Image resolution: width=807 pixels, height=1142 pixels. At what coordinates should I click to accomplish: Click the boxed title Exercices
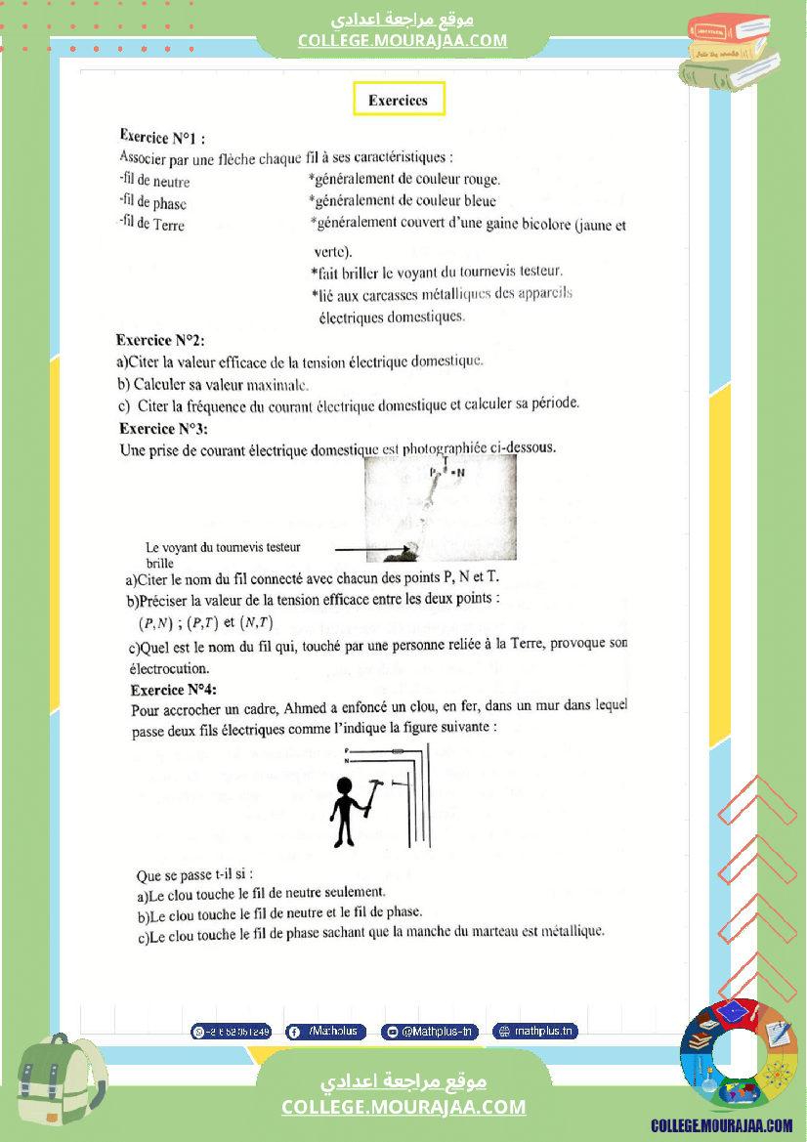398,100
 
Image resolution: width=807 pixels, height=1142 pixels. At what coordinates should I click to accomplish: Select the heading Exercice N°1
162,137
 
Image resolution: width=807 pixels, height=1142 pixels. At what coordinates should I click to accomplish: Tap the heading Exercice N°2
160,341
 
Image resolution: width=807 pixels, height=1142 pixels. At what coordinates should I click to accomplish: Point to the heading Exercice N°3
163,428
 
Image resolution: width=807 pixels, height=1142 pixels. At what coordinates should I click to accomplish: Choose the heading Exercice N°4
174,690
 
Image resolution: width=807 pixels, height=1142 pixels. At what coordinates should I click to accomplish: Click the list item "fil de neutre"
154,182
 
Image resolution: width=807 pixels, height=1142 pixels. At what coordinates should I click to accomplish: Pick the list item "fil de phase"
152,203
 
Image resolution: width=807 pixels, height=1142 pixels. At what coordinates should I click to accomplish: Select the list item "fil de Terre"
151,225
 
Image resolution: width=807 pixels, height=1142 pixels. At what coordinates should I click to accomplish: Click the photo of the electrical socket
440,508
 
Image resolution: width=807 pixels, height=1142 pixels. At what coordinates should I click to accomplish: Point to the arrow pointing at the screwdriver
368,552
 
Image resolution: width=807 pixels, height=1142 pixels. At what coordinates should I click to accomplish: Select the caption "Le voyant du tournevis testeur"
224,547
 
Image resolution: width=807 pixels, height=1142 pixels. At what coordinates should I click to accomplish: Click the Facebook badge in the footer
325,1032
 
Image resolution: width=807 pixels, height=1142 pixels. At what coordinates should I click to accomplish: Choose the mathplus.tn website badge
534,1032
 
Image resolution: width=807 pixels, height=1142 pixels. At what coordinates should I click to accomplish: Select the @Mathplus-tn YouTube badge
429,1032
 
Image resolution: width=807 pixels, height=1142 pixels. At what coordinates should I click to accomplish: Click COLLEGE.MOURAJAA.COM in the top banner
403,40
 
